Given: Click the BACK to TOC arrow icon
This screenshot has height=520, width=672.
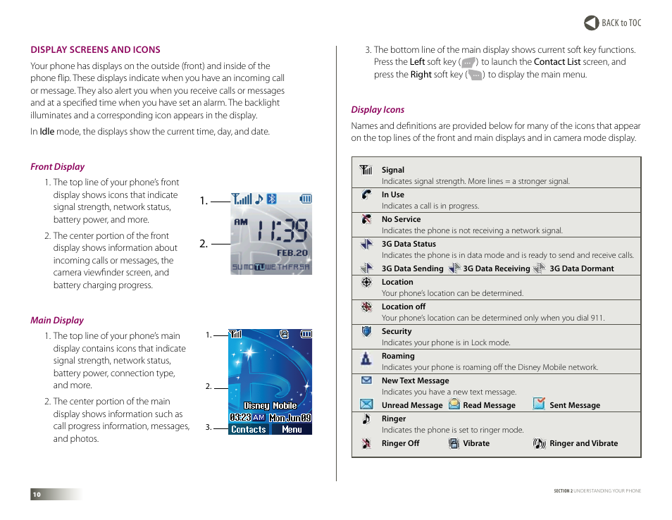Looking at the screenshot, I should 591,23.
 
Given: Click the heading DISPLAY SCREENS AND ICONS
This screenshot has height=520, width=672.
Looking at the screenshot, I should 95,50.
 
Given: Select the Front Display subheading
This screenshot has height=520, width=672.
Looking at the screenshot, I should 57,167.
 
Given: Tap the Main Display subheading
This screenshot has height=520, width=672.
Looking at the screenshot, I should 56,321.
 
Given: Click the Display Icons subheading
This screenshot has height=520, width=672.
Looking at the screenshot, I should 378,110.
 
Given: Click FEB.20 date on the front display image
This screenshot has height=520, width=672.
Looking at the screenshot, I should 291,252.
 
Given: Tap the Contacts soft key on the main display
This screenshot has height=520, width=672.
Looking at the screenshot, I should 249,429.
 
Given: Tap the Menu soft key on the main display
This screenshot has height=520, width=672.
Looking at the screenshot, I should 292,429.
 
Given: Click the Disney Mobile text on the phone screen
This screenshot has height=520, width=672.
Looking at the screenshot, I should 270,406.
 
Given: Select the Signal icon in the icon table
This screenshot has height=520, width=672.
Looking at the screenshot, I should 366,170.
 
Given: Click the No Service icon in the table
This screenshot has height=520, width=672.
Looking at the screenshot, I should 366,219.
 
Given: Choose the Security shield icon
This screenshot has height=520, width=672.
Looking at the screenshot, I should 366,332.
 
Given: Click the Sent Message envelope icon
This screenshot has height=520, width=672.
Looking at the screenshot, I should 539,404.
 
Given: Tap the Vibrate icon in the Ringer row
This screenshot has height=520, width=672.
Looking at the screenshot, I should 454,443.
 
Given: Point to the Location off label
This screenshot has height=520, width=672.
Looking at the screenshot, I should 403,307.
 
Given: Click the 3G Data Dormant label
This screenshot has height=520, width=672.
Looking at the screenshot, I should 581,268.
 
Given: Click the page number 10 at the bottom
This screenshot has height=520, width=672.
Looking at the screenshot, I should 37,495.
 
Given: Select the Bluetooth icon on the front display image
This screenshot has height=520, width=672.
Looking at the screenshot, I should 271,199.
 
